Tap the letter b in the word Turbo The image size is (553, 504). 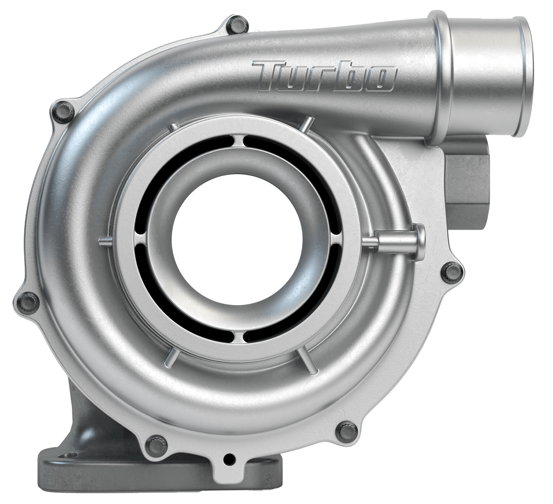point(349,76)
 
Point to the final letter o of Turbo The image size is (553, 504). point(380,79)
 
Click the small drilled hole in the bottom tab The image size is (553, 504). point(230,459)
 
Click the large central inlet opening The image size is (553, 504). point(238,237)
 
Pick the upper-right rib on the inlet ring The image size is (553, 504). point(306,125)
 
